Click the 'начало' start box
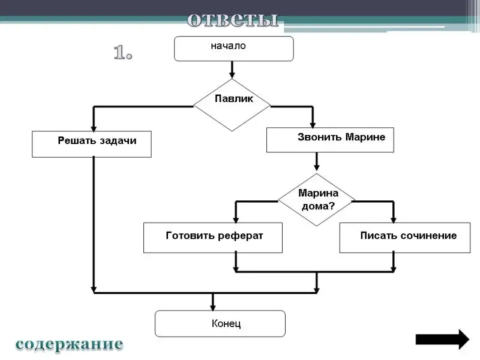(x=233, y=49)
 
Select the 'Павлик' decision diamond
(x=232, y=104)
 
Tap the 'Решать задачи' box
(x=92, y=144)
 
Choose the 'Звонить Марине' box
(x=330, y=139)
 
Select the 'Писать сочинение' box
(x=401, y=238)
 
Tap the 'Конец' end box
(x=220, y=323)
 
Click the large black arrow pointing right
(x=442, y=339)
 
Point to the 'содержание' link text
(x=69, y=344)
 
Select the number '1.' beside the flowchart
(x=123, y=53)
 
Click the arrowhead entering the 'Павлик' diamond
(x=232, y=74)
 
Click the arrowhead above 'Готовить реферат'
(x=236, y=218)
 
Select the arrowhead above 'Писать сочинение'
(x=394, y=218)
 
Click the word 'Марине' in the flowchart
(x=365, y=137)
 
